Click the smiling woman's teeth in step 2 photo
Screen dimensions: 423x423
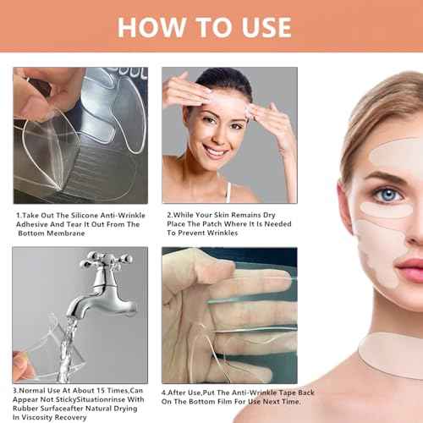[x=216, y=153]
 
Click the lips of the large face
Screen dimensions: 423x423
[x=409, y=272]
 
